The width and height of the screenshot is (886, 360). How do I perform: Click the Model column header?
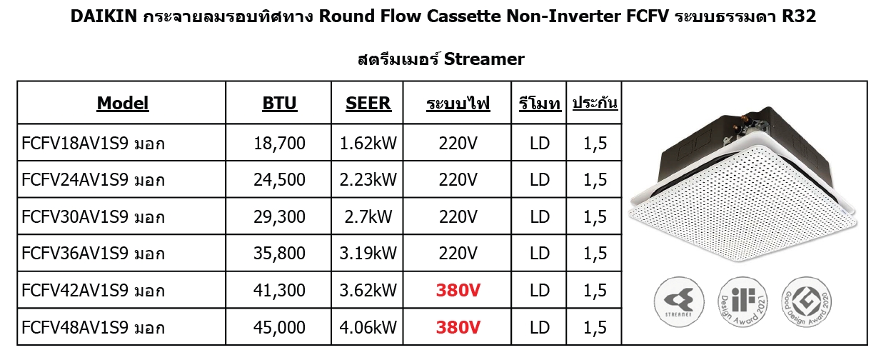pyautogui.click(x=123, y=104)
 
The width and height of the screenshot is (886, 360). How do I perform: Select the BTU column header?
pyautogui.click(x=279, y=104)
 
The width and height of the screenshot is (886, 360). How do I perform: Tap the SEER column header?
pyautogui.click(x=368, y=104)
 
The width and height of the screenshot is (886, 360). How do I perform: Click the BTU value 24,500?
pyautogui.click(x=279, y=180)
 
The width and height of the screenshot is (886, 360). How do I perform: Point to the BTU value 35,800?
pyautogui.click(x=279, y=253)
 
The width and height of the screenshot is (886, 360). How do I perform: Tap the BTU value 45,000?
pyautogui.click(x=279, y=328)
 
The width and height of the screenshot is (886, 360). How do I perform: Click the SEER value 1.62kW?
pyautogui.click(x=368, y=143)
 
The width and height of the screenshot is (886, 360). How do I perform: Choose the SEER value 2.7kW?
pyautogui.click(x=368, y=217)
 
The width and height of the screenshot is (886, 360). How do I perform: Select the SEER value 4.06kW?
pyautogui.click(x=368, y=328)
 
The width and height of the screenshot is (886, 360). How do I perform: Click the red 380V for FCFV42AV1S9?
pyautogui.click(x=458, y=291)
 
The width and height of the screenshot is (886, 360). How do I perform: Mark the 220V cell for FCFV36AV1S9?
pyautogui.click(x=458, y=253)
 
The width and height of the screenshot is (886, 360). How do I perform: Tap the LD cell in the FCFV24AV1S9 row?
pyautogui.click(x=540, y=180)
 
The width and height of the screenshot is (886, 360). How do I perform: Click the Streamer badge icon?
pyautogui.click(x=679, y=302)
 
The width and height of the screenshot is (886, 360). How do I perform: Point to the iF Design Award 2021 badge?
pyautogui.click(x=742, y=302)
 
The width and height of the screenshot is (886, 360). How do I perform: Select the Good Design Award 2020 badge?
pyautogui.click(x=807, y=302)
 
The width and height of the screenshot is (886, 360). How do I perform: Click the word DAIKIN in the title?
pyautogui.click(x=104, y=16)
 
